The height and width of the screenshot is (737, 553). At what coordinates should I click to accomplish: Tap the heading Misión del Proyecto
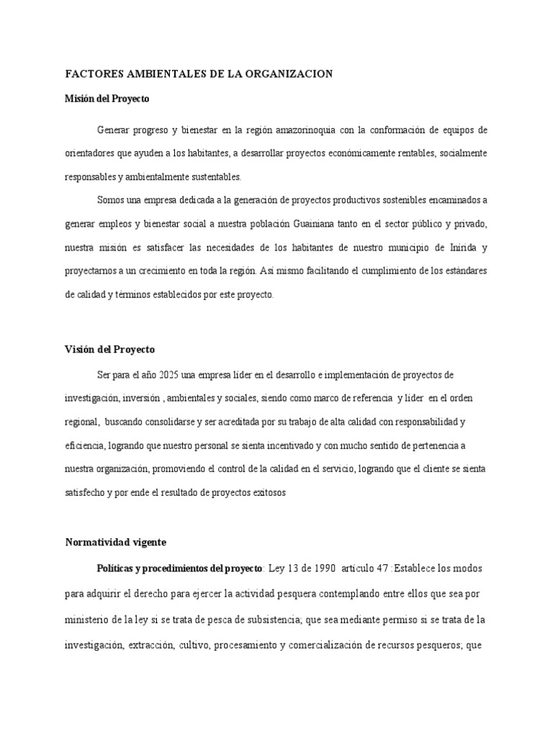tap(107, 99)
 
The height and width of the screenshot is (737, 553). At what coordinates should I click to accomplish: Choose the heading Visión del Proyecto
tap(109, 350)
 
